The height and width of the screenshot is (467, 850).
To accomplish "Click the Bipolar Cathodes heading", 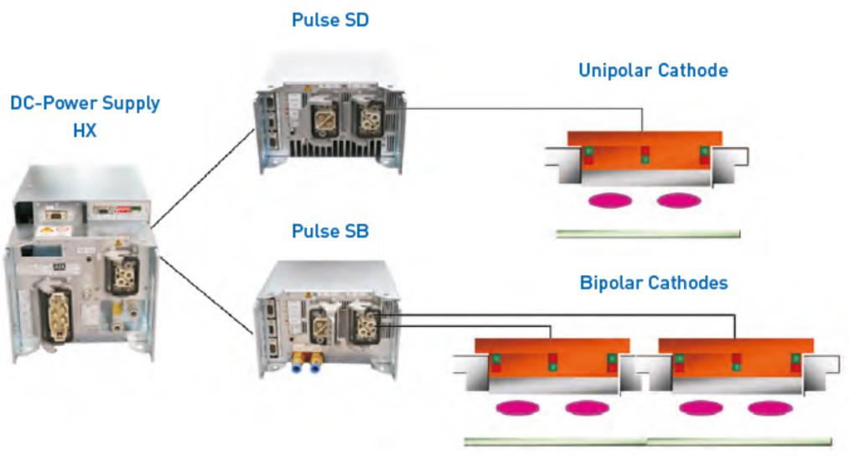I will click(654, 283).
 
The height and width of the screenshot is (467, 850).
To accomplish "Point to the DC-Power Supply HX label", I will click(86, 117).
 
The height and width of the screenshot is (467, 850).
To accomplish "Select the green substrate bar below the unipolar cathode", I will click(648, 233).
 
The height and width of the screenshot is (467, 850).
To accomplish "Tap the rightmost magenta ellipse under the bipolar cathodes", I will click(770, 408).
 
